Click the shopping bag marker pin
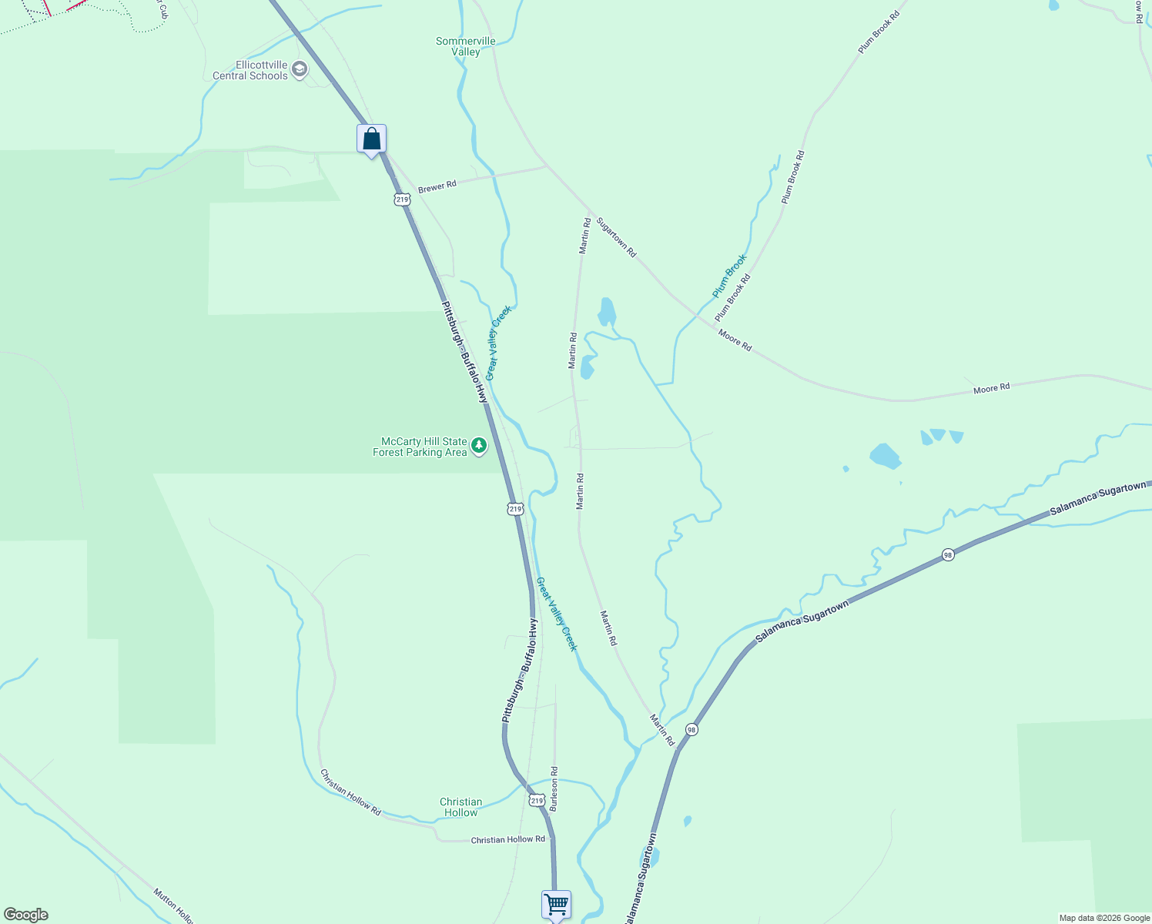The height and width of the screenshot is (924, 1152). (371, 140)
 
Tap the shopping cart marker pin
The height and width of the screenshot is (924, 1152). (556, 904)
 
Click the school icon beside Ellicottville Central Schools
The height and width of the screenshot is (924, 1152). (300, 71)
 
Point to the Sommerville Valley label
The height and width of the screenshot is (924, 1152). (466, 47)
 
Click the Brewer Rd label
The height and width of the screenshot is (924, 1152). (437, 186)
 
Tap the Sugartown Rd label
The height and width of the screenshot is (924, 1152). (617, 236)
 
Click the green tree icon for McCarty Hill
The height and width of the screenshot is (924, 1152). (479, 446)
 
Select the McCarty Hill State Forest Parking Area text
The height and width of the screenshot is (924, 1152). (420, 447)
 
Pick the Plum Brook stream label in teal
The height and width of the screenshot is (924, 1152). (729, 276)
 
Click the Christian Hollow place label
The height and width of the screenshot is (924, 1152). (461, 807)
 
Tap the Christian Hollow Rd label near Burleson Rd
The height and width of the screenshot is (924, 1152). (507, 840)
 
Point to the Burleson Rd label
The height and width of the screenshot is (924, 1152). (554, 788)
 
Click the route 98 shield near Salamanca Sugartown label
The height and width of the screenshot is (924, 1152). (949, 554)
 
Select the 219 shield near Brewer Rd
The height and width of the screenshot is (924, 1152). (401, 199)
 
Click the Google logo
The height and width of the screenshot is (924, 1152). (25, 915)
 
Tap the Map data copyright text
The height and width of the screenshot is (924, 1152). (1104, 918)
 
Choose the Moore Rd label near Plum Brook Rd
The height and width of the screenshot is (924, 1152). (735, 340)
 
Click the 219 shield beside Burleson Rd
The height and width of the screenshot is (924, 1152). (537, 801)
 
